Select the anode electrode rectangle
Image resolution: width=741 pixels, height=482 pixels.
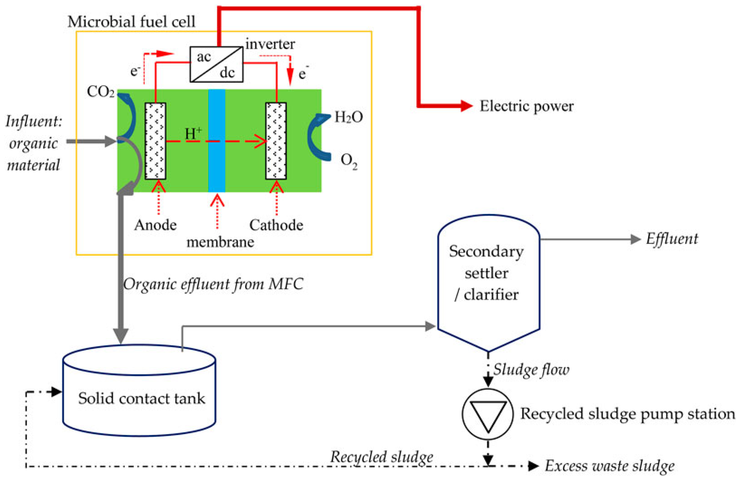pyautogui.click(x=155, y=141)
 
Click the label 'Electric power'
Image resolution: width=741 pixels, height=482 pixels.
pyautogui.click(x=526, y=106)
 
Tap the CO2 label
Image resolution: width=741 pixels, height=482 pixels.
pyautogui.click(x=100, y=92)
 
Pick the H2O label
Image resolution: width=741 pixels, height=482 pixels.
pyautogui.click(x=348, y=117)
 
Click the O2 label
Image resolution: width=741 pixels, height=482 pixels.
pyautogui.click(x=349, y=161)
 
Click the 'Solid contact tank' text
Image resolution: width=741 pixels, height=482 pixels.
pyautogui.click(x=141, y=398)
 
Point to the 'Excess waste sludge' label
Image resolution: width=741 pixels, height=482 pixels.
pyautogui.click(x=609, y=466)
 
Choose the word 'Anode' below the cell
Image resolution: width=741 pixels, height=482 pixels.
pyautogui.click(x=155, y=225)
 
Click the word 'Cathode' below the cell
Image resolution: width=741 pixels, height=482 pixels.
pyautogui.click(x=276, y=225)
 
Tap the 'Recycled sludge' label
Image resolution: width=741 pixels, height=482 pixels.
pyautogui.click(x=381, y=457)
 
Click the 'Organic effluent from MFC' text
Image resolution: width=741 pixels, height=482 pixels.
pyautogui.click(x=213, y=284)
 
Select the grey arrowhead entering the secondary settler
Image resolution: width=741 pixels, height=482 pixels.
pyautogui.click(x=430, y=326)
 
